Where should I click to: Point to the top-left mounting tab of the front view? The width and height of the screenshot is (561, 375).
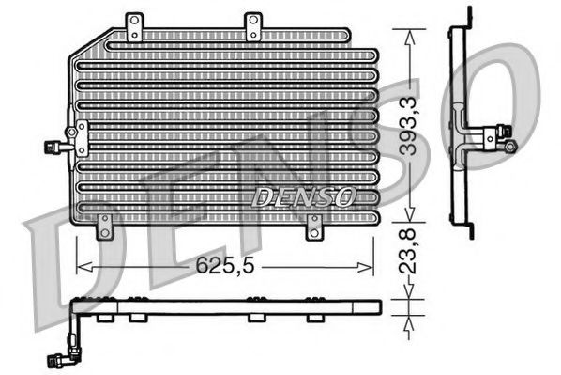coord(135,26)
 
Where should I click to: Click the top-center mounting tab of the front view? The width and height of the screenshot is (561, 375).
coord(253,26)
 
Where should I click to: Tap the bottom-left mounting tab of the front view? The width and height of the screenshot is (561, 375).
coord(104,226)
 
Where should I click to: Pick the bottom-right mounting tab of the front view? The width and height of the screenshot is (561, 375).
coord(313,226)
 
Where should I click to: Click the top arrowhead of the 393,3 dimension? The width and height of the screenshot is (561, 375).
coord(405,32)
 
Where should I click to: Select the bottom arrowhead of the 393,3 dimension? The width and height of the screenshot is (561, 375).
coord(405,212)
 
